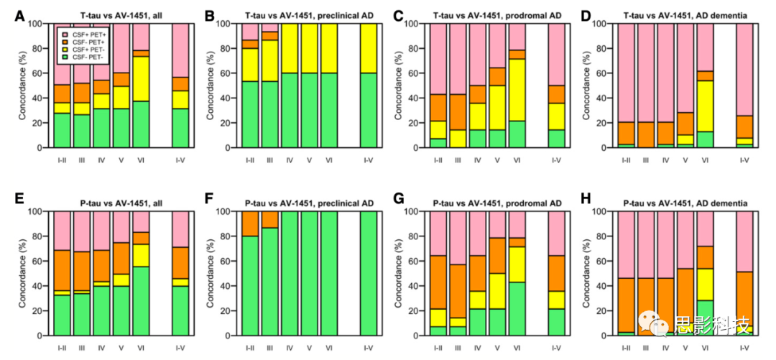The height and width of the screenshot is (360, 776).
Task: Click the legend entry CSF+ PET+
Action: coord(86,34)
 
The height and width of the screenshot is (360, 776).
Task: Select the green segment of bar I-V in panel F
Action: coord(368,273)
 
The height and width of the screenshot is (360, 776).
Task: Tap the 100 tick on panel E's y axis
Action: coord(34,212)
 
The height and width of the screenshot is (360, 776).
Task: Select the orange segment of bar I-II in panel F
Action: coord(250,223)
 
